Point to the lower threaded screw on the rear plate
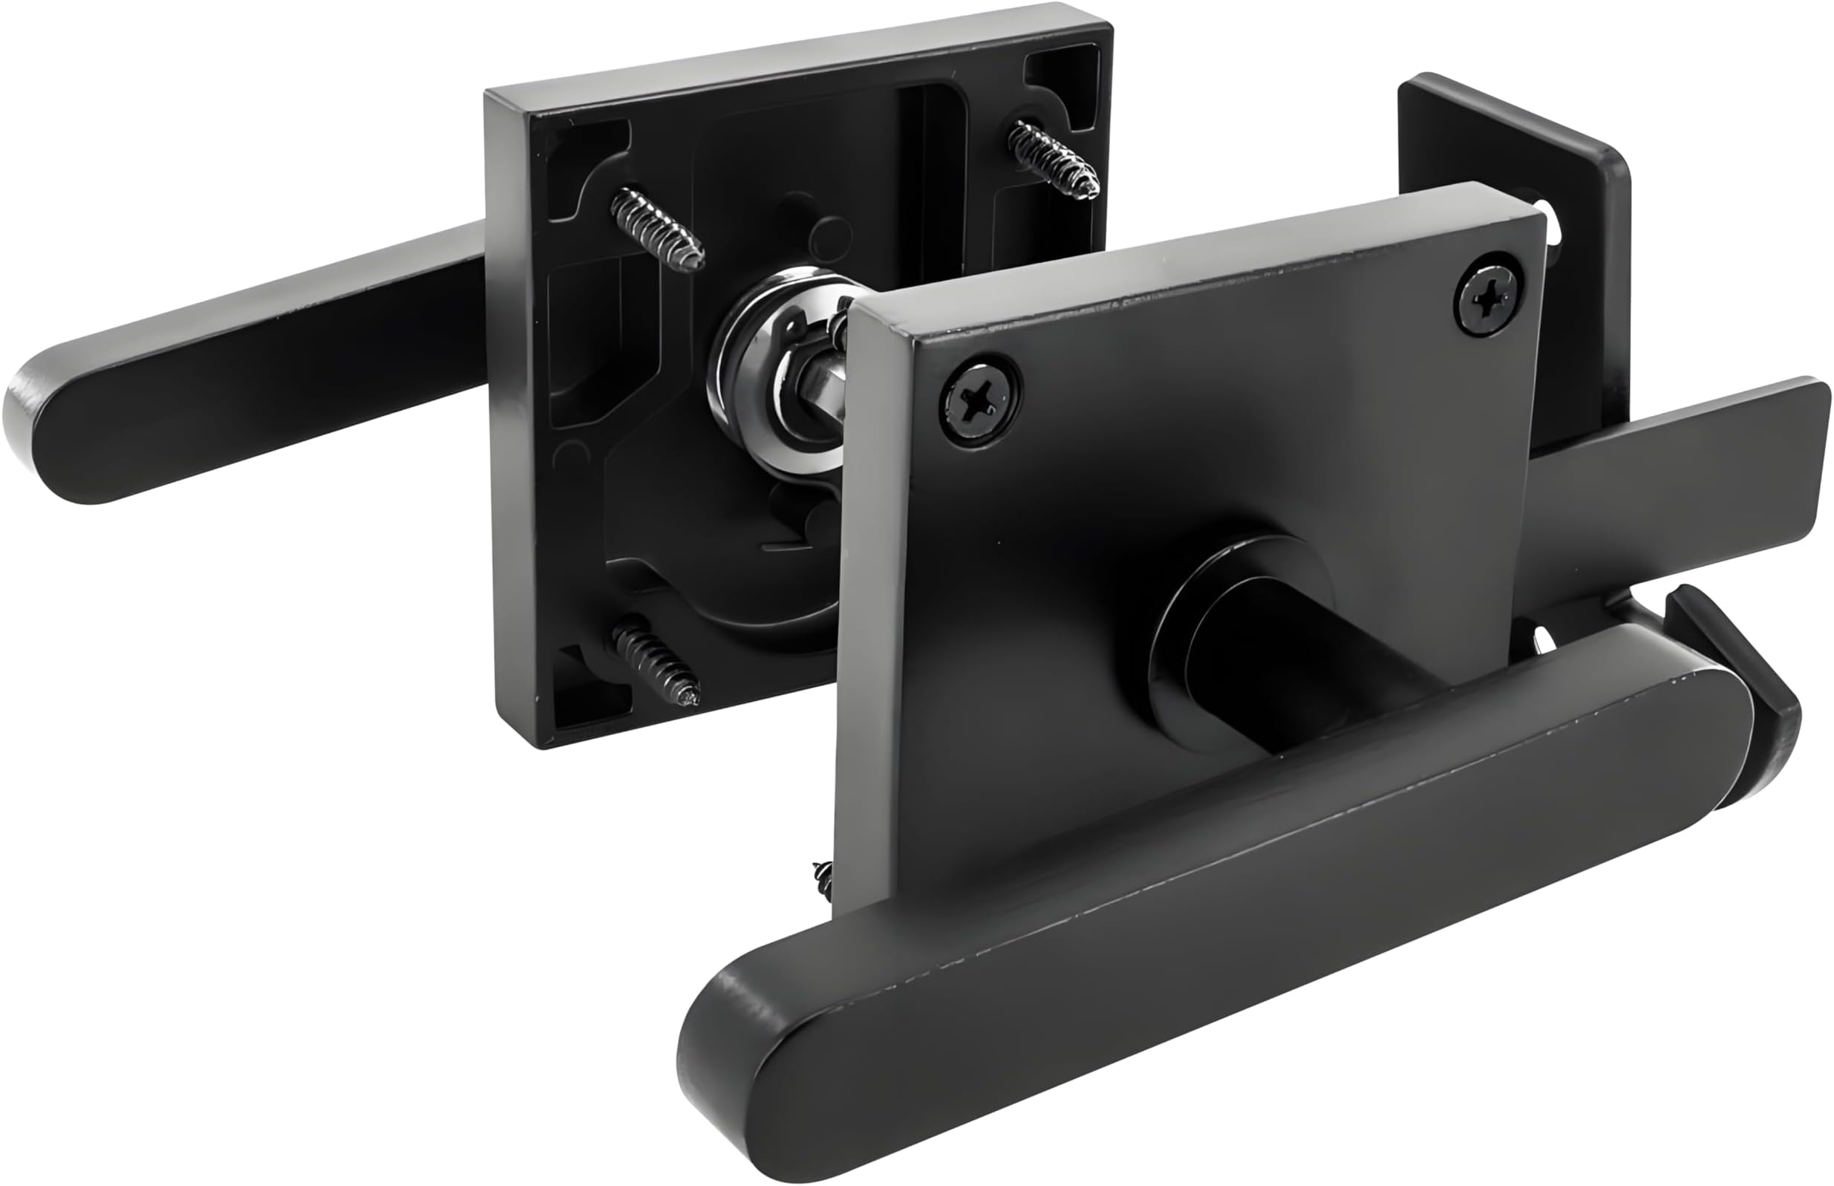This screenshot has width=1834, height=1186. click(657, 660)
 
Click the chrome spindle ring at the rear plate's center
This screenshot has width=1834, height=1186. click(777, 370)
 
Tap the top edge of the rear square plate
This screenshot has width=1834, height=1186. click(793, 65)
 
